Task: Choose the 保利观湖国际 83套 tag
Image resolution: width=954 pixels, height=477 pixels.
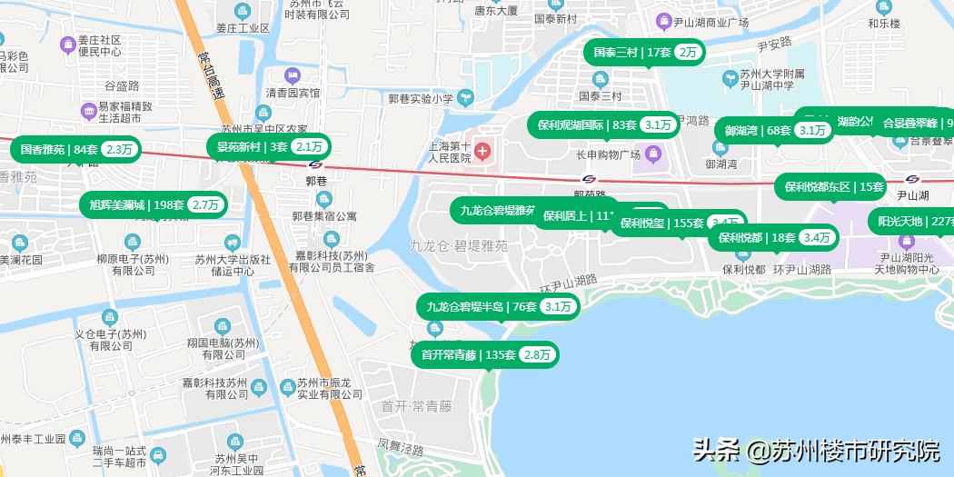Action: [x=602, y=125]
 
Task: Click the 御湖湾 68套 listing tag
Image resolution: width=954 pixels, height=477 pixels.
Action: [x=775, y=130]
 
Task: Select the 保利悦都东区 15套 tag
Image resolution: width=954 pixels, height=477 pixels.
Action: [x=830, y=187]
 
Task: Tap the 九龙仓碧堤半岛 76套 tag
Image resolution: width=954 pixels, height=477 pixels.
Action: [x=498, y=306]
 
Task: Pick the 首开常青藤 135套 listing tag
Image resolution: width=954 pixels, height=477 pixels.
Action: [x=484, y=354]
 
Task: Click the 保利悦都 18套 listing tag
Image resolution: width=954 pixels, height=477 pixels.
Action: [x=773, y=238]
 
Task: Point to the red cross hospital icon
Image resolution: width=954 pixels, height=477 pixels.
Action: [x=482, y=151]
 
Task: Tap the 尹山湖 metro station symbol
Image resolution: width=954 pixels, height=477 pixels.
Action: [x=912, y=178]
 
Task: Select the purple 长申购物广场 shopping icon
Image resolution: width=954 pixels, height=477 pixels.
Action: [x=651, y=152]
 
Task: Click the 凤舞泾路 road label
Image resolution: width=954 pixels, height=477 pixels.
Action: [x=400, y=449]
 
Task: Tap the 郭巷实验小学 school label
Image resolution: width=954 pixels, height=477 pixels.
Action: [x=421, y=98]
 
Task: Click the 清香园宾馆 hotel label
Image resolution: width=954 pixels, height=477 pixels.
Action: [x=293, y=93]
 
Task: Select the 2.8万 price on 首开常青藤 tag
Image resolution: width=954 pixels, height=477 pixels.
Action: [x=537, y=354]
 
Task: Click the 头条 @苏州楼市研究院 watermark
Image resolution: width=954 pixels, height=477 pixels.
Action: [x=816, y=450]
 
